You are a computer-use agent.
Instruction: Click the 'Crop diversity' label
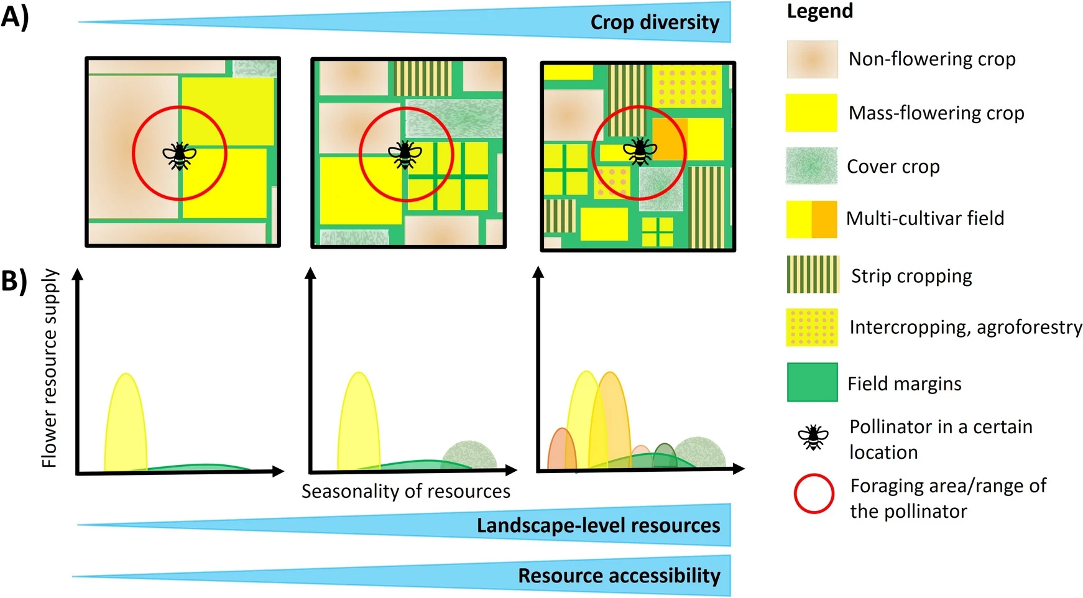(654, 23)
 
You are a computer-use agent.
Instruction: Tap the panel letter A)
(15, 17)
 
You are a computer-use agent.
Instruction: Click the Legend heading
(819, 11)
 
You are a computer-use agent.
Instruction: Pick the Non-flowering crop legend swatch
(812, 60)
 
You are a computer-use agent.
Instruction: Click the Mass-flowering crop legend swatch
(811, 113)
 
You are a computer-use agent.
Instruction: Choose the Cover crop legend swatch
(811, 166)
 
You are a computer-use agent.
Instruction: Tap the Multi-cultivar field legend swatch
(811, 219)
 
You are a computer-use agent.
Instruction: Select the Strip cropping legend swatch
(812, 274)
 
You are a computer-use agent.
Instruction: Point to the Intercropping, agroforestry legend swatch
(812, 328)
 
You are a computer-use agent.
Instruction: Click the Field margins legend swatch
(812, 382)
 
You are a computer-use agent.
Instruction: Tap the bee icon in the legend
(813, 438)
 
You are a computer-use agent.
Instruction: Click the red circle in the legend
(814, 494)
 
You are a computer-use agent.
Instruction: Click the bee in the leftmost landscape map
(179, 156)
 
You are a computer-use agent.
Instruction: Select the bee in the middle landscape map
(405, 154)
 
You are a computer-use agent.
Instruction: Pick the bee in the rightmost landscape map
(640, 152)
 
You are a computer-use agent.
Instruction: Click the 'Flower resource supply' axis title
(50, 368)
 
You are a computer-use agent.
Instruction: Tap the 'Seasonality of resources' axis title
(406, 491)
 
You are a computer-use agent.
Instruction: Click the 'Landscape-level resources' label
(598, 526)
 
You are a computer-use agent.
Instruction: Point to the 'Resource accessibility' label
(619, 576)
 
